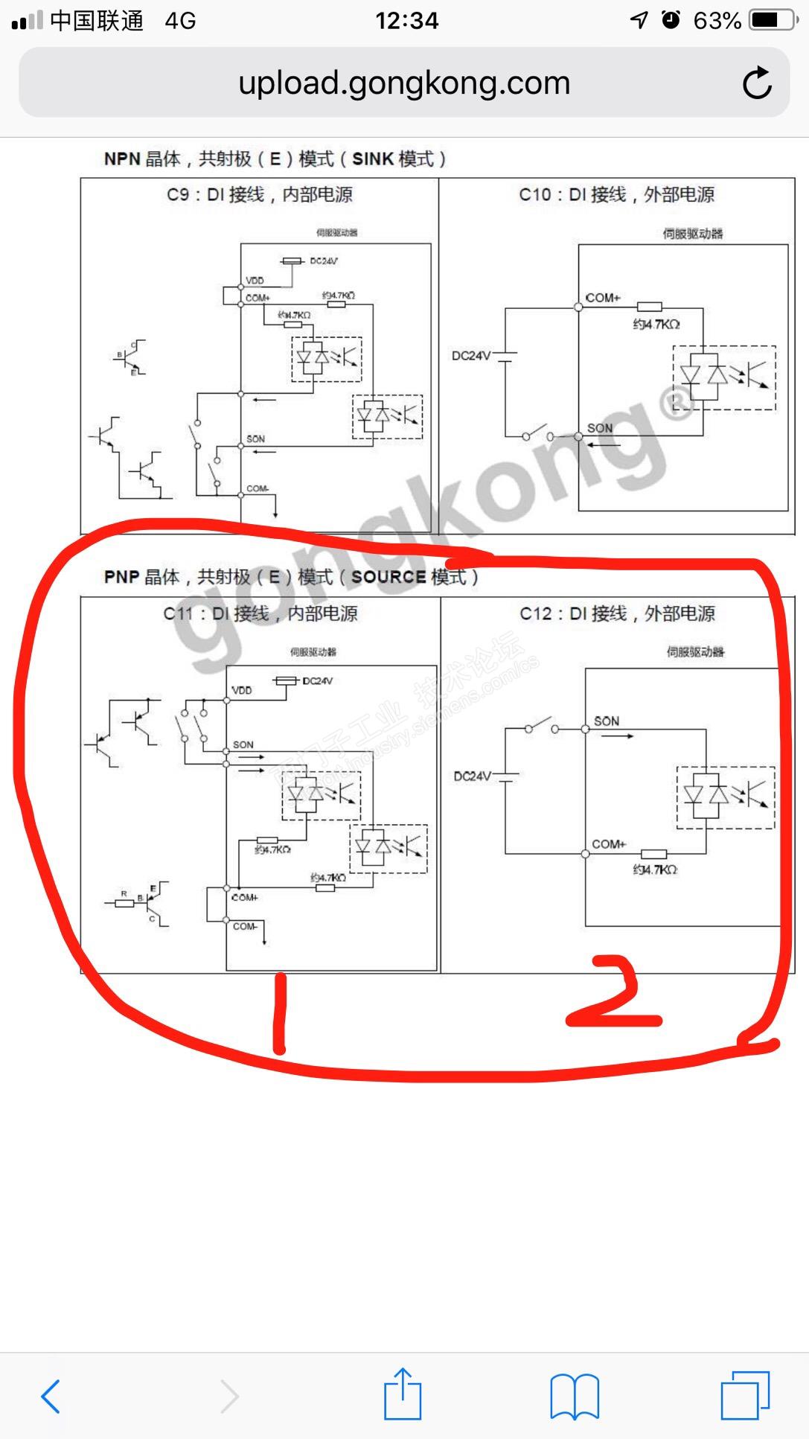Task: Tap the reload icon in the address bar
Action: click(x=757, y=83)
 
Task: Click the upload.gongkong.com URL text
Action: click(x=404, y=83)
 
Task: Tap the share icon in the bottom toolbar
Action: click(x=403, y=1394)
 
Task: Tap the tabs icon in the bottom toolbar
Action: click(x=744, y=1395)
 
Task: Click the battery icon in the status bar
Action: click(x=773, y=20)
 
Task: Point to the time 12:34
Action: click(x=406, y=20)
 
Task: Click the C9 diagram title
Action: click(x=259, y=195)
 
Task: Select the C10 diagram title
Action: click(x=616, y=195)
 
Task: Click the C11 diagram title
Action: click(x=260, y=613)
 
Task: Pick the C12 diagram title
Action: click(x=617, y=613)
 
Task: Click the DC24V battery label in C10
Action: click(x=471, y=356)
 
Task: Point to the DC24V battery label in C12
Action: click(x=473, y=776)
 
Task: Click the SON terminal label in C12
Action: click(x=606, y=721)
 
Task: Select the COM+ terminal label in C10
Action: click(x=602, y=298)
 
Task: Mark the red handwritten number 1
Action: click(x=280, y=1012)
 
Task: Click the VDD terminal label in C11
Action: click(x=242, y=690)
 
